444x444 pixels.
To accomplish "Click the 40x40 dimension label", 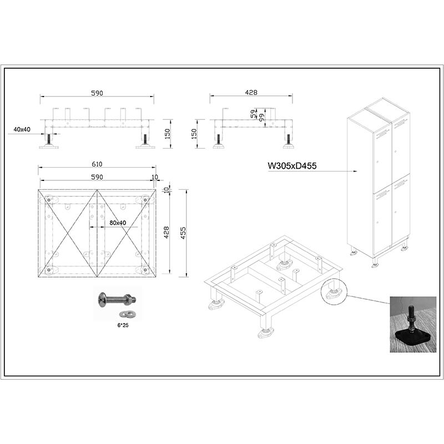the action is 22,129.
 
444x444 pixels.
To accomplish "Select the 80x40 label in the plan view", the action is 118,223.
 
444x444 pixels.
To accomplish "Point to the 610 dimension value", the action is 97,164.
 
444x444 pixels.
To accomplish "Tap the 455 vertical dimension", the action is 183,233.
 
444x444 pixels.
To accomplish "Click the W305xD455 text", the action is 292,165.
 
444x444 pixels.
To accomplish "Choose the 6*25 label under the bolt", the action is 123,325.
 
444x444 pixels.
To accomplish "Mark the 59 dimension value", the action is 254,114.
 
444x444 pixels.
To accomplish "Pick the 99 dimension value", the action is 262,117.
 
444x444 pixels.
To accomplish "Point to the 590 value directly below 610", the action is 97,177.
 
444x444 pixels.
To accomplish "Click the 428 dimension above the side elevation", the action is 251,92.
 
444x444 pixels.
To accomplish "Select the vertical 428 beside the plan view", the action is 167,232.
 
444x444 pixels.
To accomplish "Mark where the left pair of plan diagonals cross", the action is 68,233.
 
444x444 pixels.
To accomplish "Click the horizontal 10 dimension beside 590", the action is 155,177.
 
